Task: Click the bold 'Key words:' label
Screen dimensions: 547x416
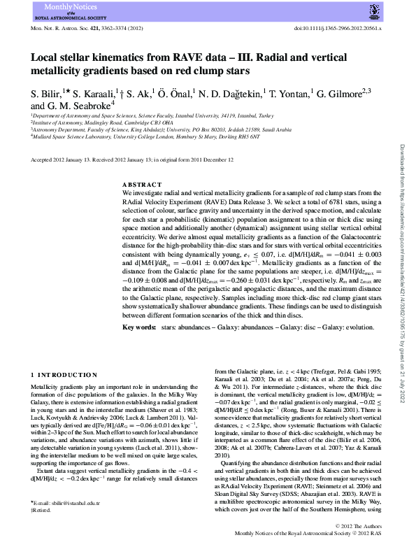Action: (139, 326)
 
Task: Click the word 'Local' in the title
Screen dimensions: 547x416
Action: (46, 60)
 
